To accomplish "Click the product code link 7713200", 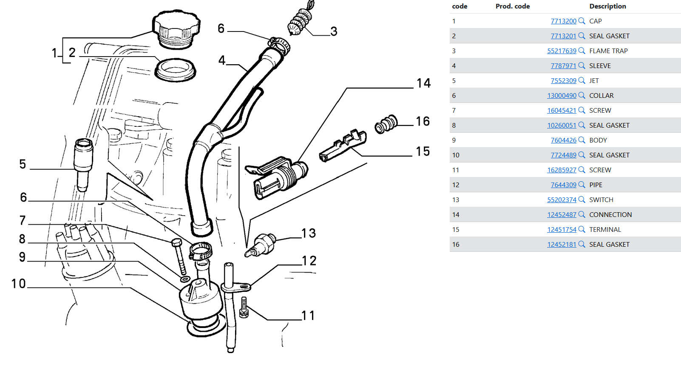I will click(x=563, y=21).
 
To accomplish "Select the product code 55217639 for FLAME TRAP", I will click(x=562, y=51).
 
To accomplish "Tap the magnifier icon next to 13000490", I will click(x=582, y=95).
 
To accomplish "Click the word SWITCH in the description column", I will click(x=601, y=200).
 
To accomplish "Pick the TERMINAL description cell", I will click(x=605, y=230).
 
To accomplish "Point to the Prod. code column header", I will click(x=513, y=6).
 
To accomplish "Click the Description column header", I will click(x=607, y=6).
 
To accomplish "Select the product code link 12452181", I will click(x=562, y=245).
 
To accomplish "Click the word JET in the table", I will click(x=594, y=81).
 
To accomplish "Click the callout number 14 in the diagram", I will click(x=423, y=83).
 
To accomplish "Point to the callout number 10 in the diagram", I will click(x=19, y=284).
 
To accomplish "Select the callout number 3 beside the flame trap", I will click(x=334, y=31).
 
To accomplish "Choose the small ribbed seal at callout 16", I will click(x=386, y=124).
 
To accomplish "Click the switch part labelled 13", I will click(x=261, y=245).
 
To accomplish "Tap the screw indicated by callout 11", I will click(x=244, y=307).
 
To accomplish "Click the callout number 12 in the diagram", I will click(x=309, y=261).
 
